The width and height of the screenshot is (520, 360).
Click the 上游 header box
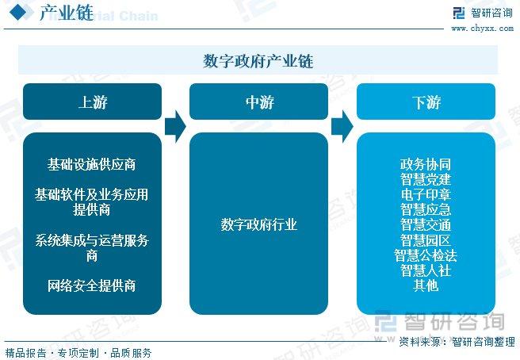point(92,101)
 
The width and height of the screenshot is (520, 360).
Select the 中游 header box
point(258,101)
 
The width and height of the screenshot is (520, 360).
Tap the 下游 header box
point(426,101)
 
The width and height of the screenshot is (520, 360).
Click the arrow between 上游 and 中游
point(175,126)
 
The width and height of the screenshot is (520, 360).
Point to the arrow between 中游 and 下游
point(342,126)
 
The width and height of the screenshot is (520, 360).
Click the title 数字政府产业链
point(258,61)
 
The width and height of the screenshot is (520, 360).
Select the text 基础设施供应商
point(91,164)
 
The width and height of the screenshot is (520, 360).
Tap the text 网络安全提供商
point(91,285)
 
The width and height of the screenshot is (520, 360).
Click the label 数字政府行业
point(258,224)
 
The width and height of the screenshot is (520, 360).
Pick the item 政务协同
point(426,164)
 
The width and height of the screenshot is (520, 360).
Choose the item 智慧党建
point(426,179)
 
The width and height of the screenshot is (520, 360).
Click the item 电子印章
point(426,194)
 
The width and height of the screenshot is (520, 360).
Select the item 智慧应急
point(426,209)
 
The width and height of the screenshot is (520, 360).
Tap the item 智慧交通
point(426,224)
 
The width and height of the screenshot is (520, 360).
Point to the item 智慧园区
point(426,240)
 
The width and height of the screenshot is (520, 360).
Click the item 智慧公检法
point(426,255)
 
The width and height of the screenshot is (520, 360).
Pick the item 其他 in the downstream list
point(426,285)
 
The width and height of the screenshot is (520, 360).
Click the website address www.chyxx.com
point(483,29)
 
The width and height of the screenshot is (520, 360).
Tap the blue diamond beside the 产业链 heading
point(18,12)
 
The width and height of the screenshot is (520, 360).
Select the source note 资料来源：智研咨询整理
point(457,342)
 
